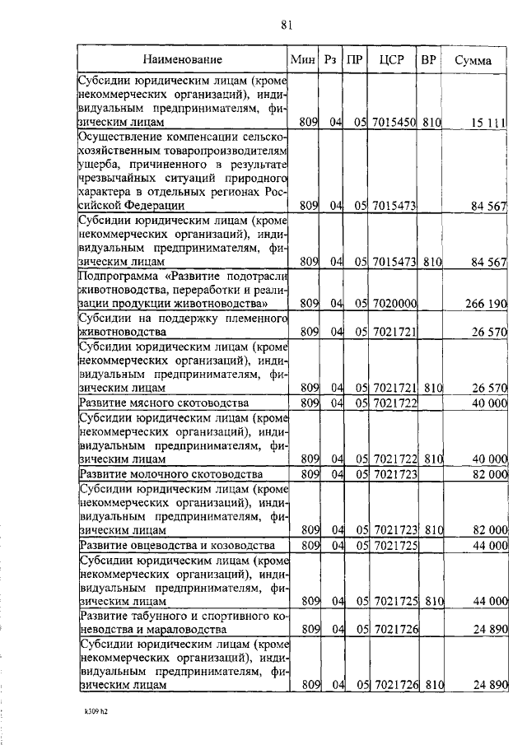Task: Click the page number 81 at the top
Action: tap(287, 24)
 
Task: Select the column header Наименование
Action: tap(182, 60)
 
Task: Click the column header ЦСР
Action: tap(391, 60)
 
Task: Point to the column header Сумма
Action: tap(473, 60)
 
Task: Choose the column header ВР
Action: tap(429, 60)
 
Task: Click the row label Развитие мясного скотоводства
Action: tap(163, 403)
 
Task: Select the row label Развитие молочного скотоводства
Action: tap(170, 475)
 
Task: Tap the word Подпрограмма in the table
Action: tap(115, 276)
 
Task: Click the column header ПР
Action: tap(354, 60)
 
